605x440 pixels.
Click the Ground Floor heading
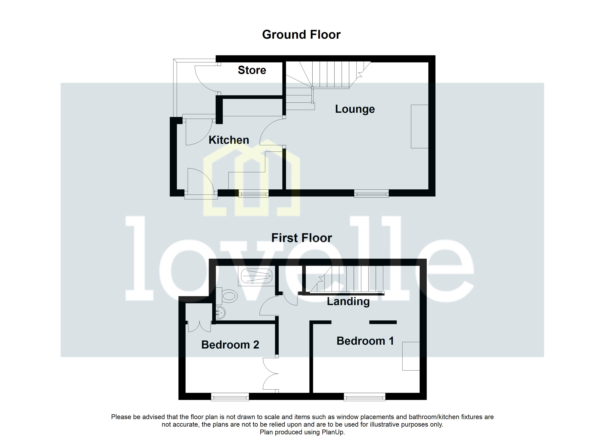tap(301, 35)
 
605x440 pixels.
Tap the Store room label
tap(252, 70)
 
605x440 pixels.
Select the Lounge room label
tap(355, 109)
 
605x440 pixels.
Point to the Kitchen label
tap(229, 140)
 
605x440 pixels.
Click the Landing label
tap(348, 302)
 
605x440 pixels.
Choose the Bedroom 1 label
tap(365, 341)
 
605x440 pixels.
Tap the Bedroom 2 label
tap(230, 345)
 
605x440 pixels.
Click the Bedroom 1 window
tap(364, 397)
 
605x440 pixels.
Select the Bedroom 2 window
tap(230, 397)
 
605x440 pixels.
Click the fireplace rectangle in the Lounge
tap(419, 126)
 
